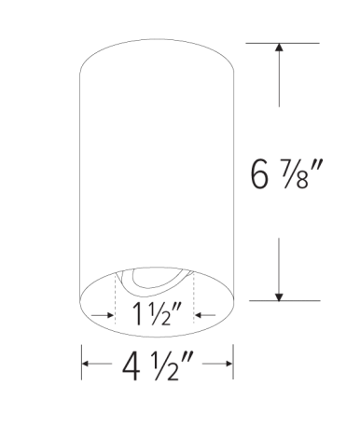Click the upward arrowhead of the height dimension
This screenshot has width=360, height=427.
tap(279, 49)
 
